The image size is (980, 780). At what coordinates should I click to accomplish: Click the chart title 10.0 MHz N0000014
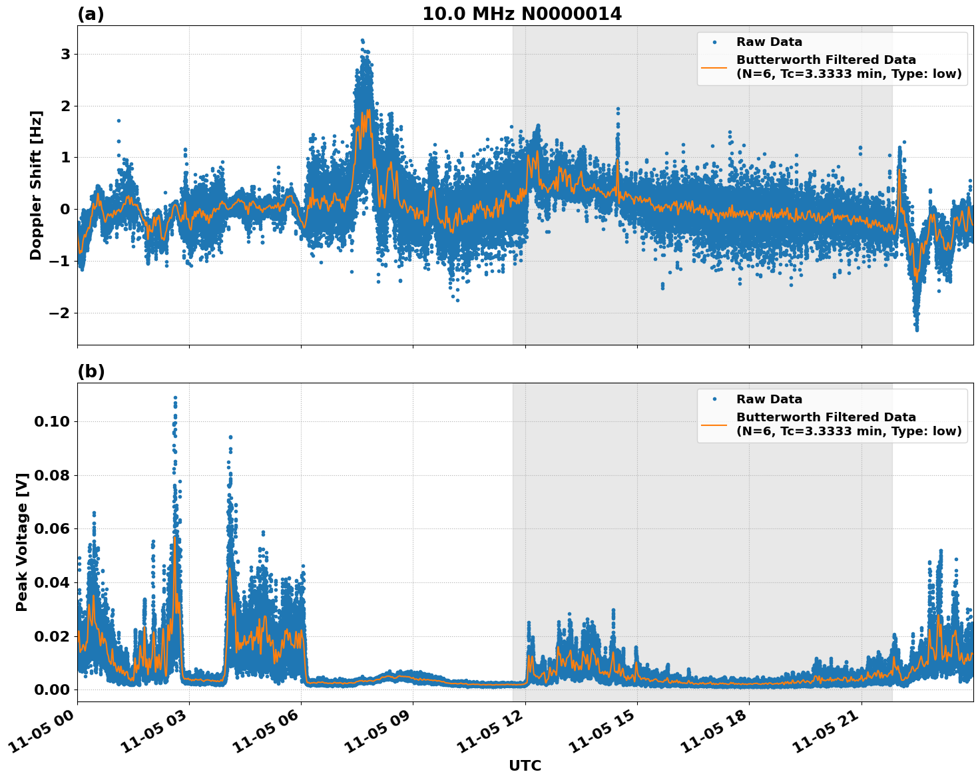pyautogui.click(x=522, y=14)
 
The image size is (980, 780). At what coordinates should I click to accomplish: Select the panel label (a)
pyautogui.click(x=91, y=14)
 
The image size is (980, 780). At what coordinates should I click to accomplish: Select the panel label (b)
pyautogui.click(x=91, y=371)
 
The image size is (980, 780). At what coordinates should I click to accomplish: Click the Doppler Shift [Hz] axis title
pyautogui.click(x=36, y=185)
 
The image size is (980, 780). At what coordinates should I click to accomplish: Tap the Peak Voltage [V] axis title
pyautogui.click(x=22, y=542)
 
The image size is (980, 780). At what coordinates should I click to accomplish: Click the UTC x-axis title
pyautogui.click(x=525, y=765)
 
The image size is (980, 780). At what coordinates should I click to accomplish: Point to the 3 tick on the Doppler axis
pyautogui.click(x=65, y=54)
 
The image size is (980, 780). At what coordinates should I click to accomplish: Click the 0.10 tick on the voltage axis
pyautogui.click(x=51, y=421)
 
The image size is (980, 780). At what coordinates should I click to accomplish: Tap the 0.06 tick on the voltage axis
pyautogui.click(x=51, y=528)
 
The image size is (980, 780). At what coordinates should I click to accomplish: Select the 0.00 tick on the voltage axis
pyautogui.click(x=51, y=689)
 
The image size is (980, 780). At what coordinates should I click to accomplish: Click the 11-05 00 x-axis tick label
pyautogui.click(x=45, y=733)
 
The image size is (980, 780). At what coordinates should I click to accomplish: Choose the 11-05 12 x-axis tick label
pyautogui.click(x=493, y=733)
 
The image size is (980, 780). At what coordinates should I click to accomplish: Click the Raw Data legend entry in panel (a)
pyautogui.click(x=769, y=43)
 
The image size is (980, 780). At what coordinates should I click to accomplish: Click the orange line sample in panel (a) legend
pyautogui.click(x=714, y=67)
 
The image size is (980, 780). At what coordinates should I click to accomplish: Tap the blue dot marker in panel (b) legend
pyautogui.click(x=714, y=399)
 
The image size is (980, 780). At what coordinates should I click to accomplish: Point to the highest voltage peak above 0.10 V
pyautogui.click(x=175, y=398)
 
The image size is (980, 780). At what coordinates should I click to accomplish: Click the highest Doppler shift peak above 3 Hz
pyautogui.click(x=362, y=41)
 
